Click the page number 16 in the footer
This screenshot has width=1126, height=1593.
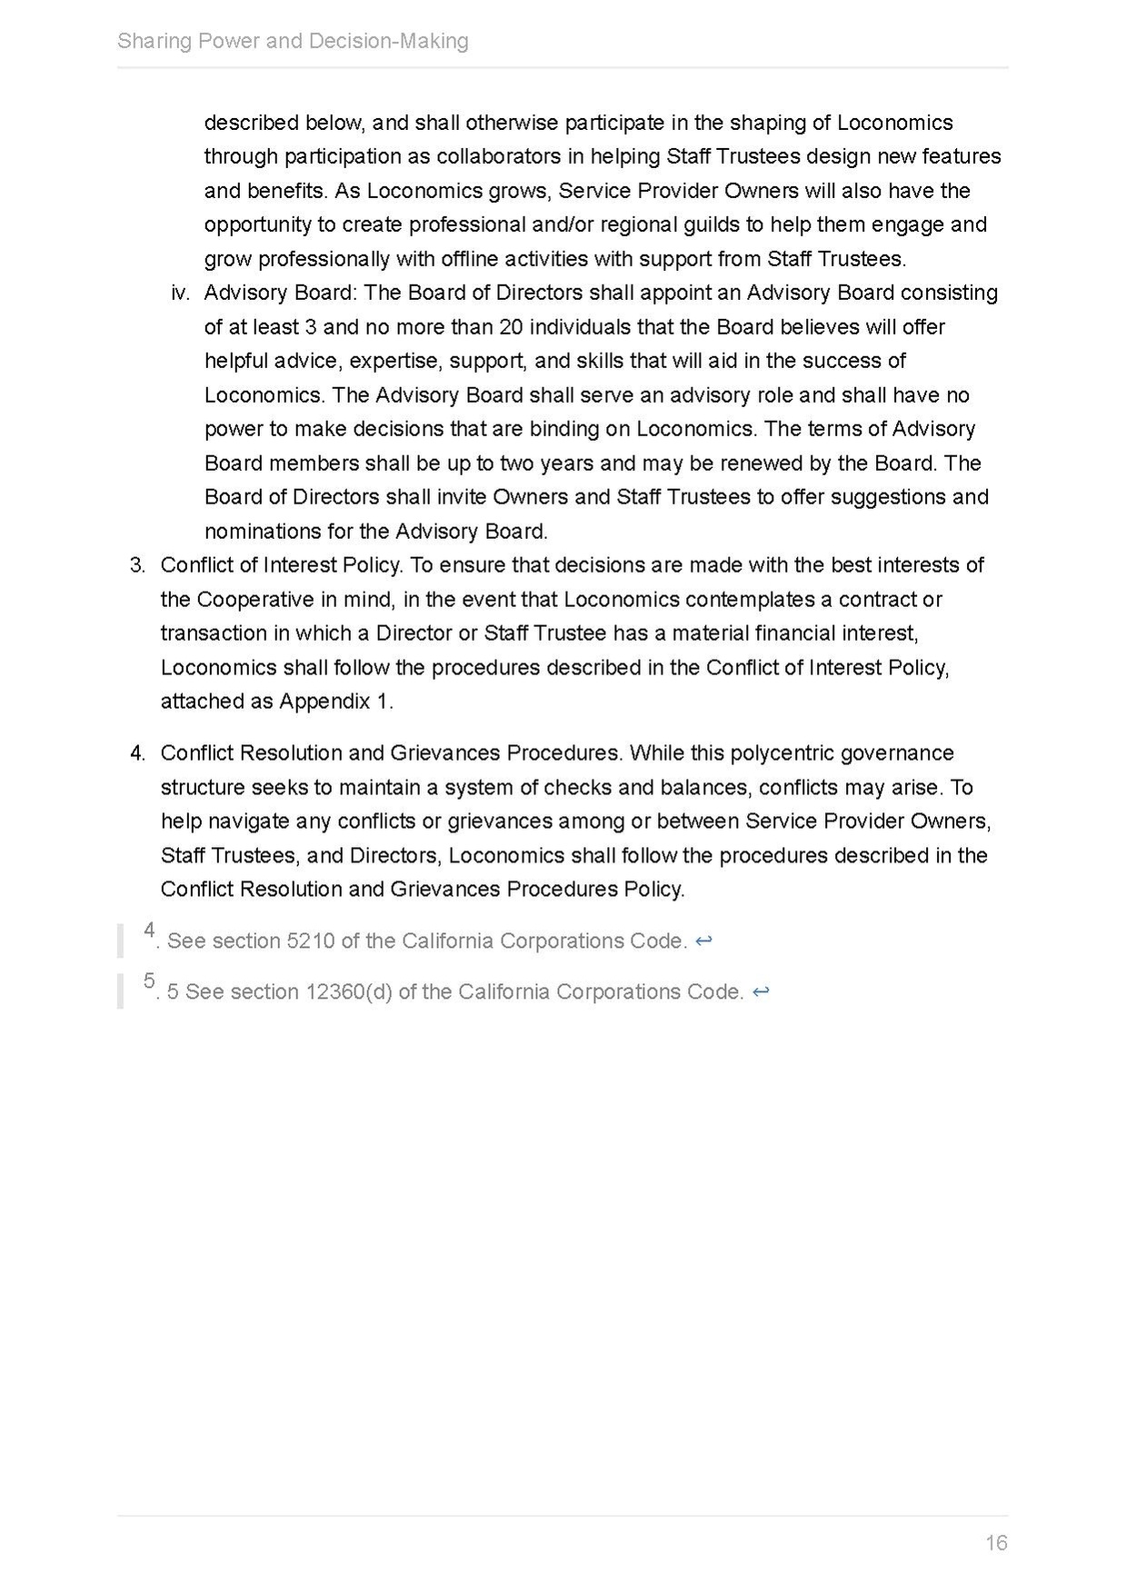point(996,1542)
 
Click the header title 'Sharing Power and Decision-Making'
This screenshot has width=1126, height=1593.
point(293,41)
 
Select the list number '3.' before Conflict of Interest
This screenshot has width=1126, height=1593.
point(137,565)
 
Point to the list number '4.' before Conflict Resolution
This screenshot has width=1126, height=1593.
point(137,753)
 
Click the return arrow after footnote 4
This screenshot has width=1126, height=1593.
point(703,941)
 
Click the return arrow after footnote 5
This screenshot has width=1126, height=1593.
point(761,992)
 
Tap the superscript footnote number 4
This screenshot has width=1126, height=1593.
point(150,931)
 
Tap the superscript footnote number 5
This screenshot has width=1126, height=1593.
point(150,981)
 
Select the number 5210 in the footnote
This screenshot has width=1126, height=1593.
point(310,941)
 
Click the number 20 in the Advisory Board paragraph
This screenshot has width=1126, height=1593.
point(512,327)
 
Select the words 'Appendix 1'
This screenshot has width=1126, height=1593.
point(335,702)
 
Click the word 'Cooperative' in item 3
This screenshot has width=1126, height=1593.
point(254,600)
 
